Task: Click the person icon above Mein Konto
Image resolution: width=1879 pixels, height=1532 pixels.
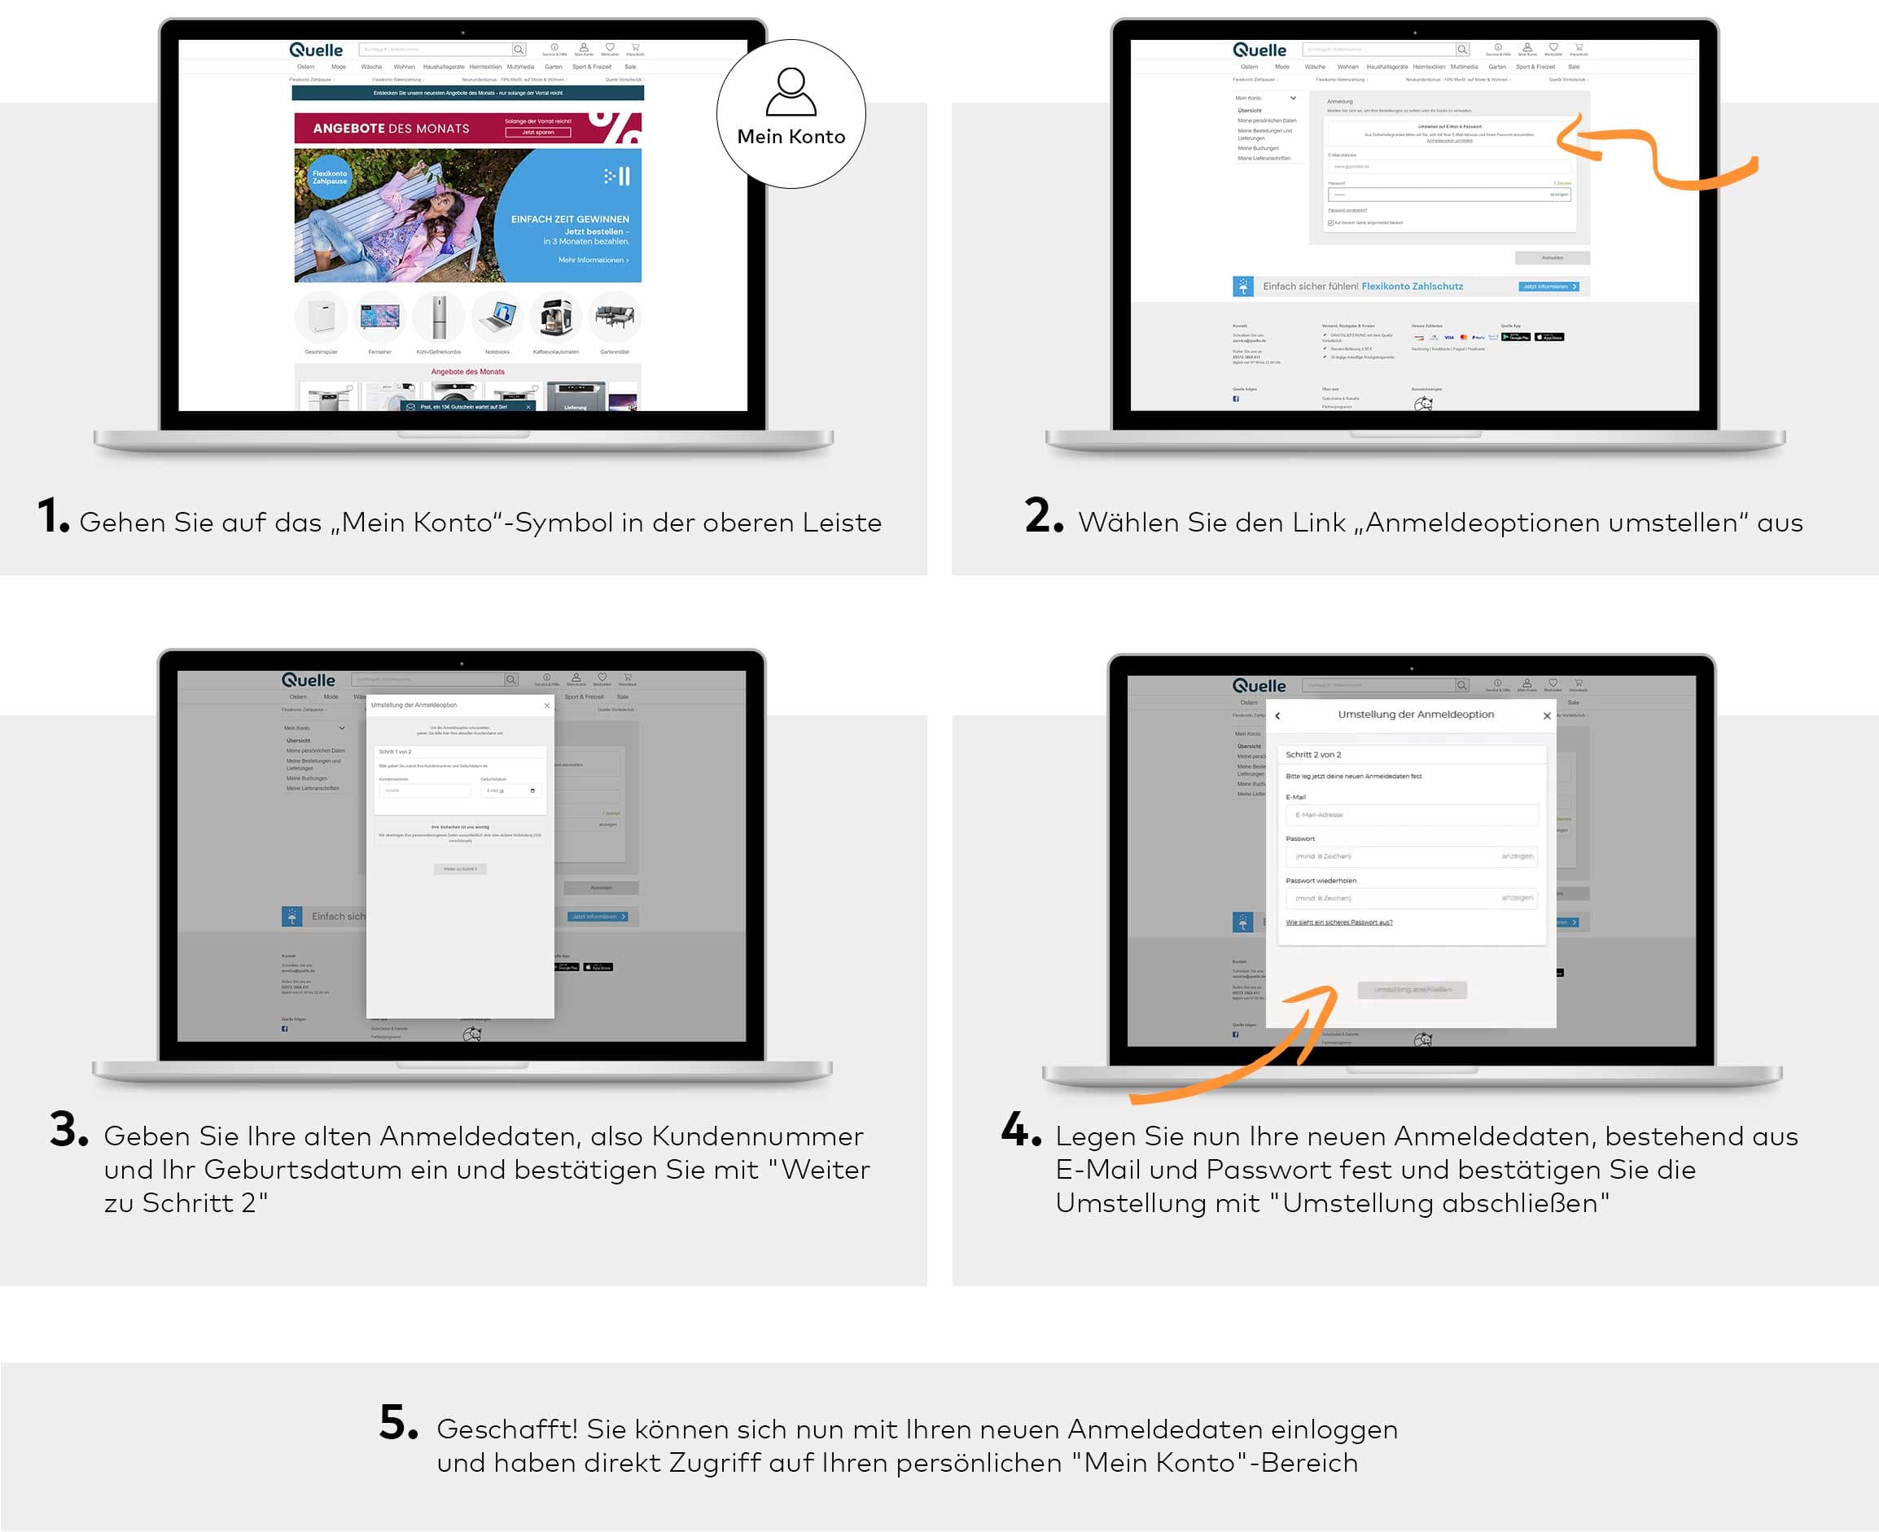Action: (791, 92)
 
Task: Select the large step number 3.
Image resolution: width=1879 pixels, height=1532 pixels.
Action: (67, 1129)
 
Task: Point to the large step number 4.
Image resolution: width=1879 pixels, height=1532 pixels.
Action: (1019, 1129)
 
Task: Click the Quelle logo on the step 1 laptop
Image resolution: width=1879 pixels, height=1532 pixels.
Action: (316, 50)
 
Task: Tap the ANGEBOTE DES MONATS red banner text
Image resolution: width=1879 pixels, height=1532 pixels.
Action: (391, 129)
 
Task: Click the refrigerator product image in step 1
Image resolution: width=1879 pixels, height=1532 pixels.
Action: (439, 317)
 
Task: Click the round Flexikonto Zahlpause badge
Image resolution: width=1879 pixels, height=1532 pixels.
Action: (329, 177)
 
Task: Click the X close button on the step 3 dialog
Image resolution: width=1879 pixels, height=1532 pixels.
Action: (547, 706)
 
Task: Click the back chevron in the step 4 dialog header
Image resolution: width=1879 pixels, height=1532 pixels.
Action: (1278, 716)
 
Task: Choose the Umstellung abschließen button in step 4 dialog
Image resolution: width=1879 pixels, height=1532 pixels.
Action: (1413, 989)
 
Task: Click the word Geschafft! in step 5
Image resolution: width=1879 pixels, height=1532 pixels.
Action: (506, 1429)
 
